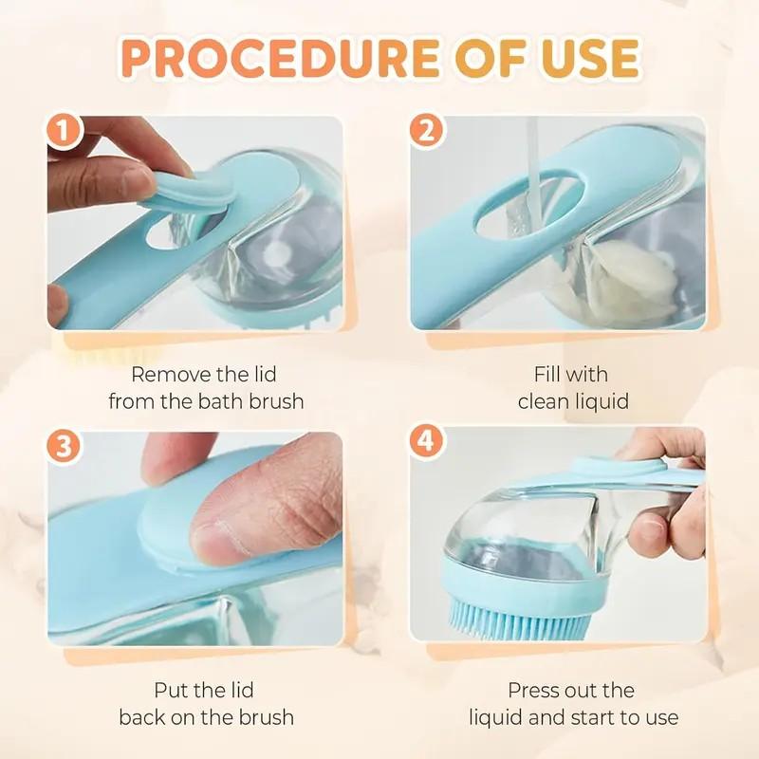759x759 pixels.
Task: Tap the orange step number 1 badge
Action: (x=65, y=132)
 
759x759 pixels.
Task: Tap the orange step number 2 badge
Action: (x=427, y=132)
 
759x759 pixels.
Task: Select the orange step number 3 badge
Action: (x=65, y=447)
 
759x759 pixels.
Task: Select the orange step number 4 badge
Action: (x=427, y=443)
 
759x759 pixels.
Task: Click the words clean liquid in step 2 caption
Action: (x=573, y=400)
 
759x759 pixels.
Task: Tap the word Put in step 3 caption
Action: (x=174, y=690)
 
